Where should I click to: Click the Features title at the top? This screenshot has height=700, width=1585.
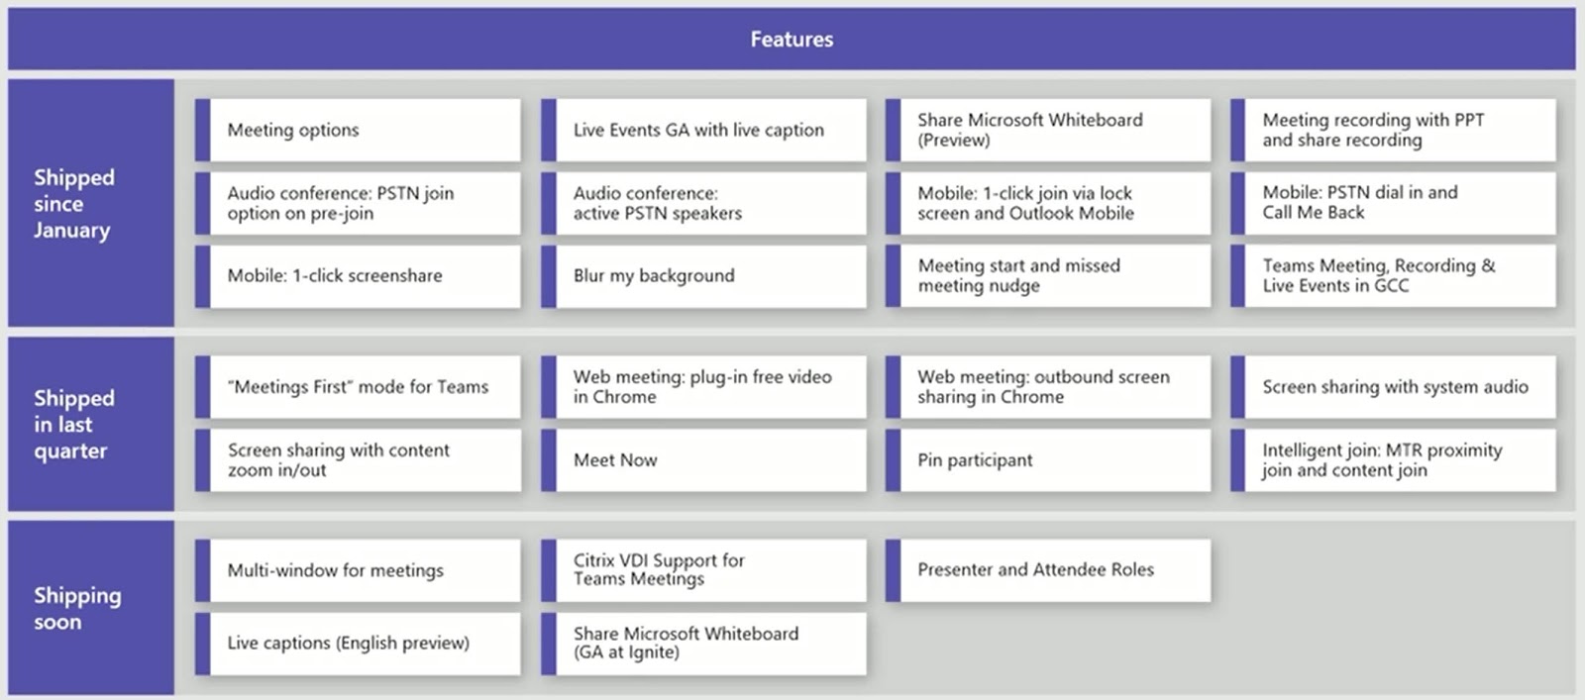pyautogui.click(x=792, y=40)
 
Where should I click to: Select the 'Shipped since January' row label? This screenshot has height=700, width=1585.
pyautogui.click(x=74, y=204)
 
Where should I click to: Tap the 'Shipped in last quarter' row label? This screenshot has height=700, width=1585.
pyautogui.click(x=74, y=425)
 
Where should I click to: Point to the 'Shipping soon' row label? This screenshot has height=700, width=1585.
pyautogui.click(x=77, y=608)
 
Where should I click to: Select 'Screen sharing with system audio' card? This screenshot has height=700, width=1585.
pyautogui.click(x=1394, y=387)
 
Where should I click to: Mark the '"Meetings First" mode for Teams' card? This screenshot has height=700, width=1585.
pyautogui.click(x=359, y=387)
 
